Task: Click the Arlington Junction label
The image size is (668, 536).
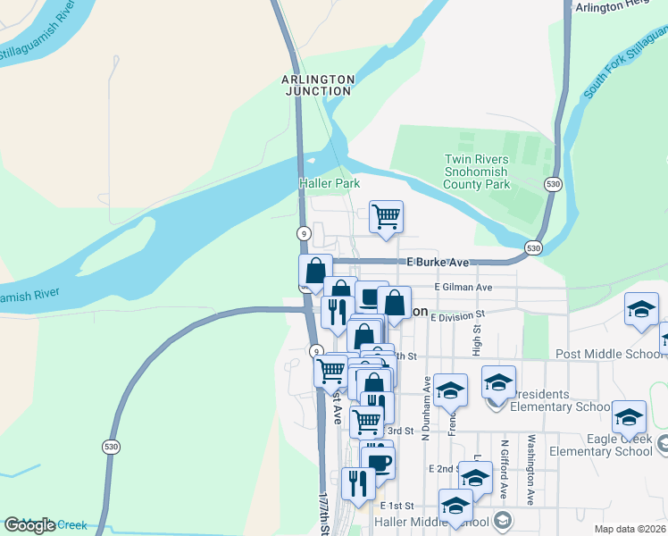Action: coord(319,85)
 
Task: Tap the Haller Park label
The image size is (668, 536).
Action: coord(330,183)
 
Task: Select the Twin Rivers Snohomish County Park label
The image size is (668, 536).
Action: coord(477,172)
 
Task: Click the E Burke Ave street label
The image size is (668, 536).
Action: coord(438,263)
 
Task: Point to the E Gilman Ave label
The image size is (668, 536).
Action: coord(463,288)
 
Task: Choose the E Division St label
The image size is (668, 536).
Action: coord(456,315)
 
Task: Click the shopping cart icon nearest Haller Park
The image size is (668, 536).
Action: coord(386,216)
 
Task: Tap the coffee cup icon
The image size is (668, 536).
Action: coord(379,463)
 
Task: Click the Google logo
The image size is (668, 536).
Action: coord(29,524)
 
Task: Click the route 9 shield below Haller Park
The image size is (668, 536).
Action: coord(305,232)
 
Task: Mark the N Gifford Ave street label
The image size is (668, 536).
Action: coord(505,468)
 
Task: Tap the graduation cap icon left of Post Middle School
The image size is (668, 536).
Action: coord(641,309)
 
